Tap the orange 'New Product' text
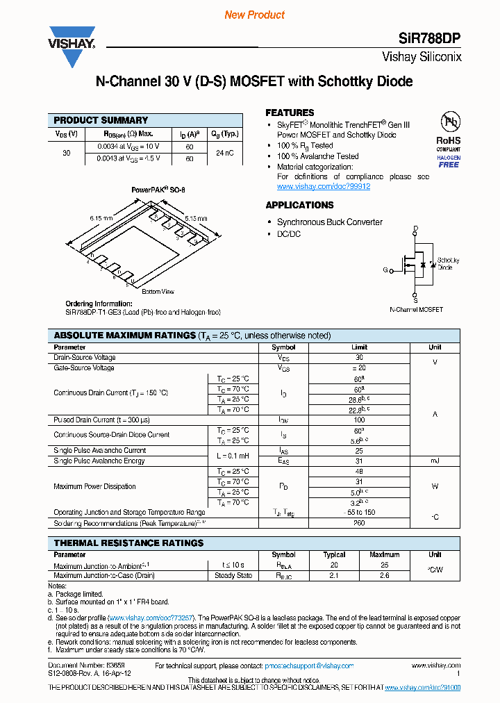(x=255, y=15)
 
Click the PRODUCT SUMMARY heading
(x=101, y=120)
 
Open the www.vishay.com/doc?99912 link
(x=323, y=187)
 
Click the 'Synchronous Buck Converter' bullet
(x=329, y=222)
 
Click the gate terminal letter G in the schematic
(x=385, y=270)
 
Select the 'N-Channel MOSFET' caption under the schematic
(x=415, y=310)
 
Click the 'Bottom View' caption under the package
(x=158, y=292)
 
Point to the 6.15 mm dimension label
(x=101, y=218)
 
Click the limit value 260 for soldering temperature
(x=359, y=523)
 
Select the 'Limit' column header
(x=359, y=347)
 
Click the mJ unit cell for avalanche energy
(x=435, y=461)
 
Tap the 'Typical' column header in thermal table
(x=334, y=555)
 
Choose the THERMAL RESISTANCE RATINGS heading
(x=128, y=543)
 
